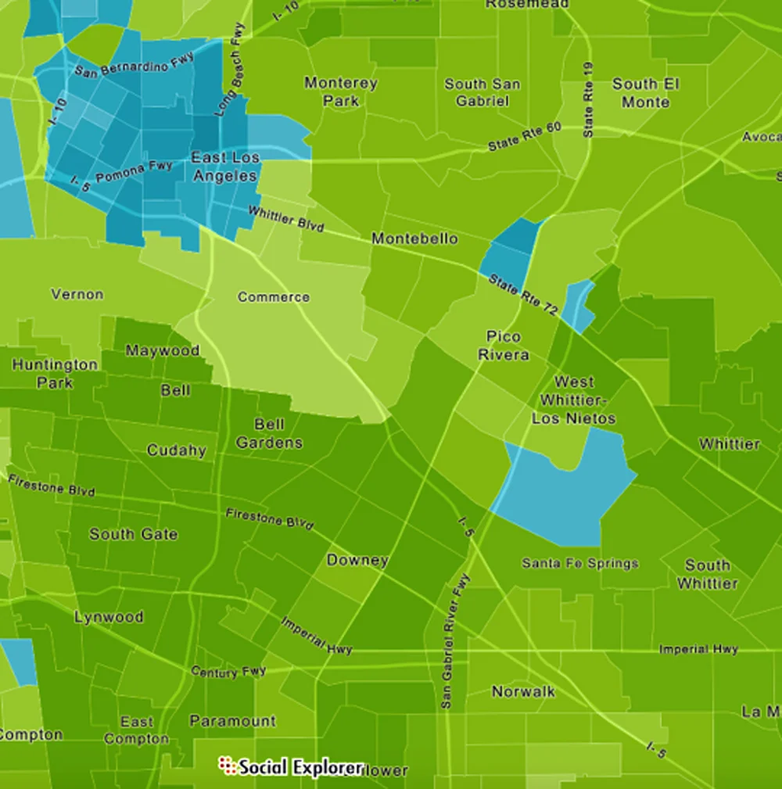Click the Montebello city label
[414, 238]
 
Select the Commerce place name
[274, 297]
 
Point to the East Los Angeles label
[225, 167]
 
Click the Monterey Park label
[341, 91]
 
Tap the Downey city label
[357, 560]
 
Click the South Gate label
[133, 535]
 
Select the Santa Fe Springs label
[580, 563]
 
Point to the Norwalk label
[523, 691]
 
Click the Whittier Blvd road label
[285, 218]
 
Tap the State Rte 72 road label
[522, 295]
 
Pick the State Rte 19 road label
[588, 100]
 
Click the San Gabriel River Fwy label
[456, 641]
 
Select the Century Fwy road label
[229, 672]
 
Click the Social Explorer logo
[291, 766]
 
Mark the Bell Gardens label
[269, 434]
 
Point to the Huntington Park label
[55, 374]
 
